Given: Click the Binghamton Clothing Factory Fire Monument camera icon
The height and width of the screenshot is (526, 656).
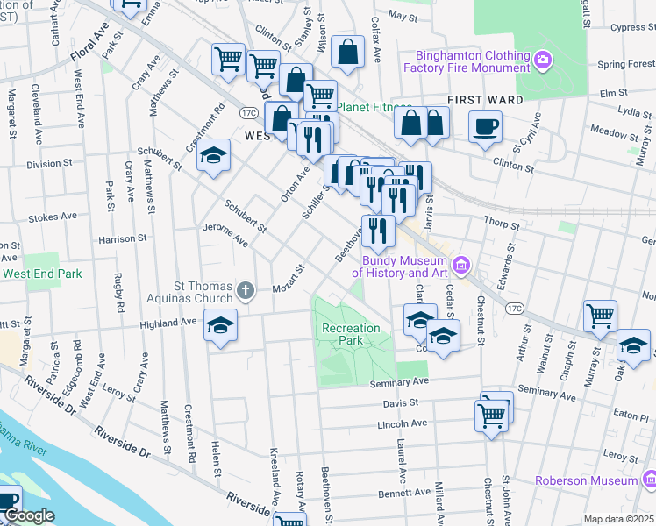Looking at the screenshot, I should tap(544, 60).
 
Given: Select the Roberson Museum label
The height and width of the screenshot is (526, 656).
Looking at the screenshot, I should tap(586, 480).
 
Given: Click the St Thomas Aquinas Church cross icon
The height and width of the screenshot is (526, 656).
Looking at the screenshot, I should tap(247, 289).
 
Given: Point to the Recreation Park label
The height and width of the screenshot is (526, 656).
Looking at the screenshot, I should tap(351, 335).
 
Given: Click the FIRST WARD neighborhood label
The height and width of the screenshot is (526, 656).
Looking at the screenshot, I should tap(480, 100).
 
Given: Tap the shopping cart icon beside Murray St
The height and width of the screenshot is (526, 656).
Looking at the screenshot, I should tap(600, 316).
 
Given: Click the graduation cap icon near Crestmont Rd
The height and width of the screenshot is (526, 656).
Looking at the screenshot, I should tap(212, 155).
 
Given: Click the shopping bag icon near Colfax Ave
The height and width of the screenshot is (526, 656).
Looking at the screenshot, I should tap(348, 52).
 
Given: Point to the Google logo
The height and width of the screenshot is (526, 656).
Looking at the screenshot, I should tap(29, 515).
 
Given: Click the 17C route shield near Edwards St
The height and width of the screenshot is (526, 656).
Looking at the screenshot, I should tap(515, 307).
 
